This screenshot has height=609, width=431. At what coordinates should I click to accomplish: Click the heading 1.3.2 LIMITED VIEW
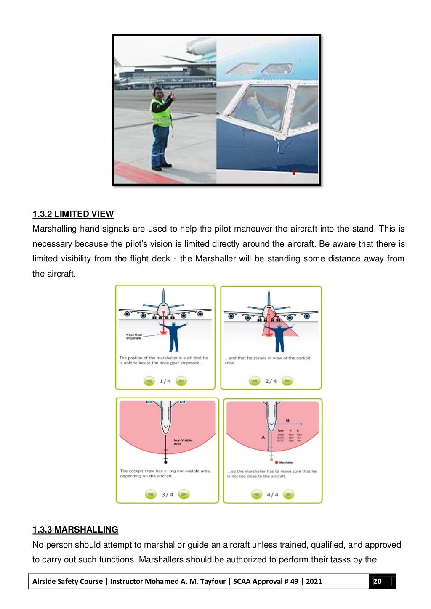(73, 214)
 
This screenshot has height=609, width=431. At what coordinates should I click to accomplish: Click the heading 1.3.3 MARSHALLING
(75, 530)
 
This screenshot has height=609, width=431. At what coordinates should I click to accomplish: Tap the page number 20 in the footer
(378, 581)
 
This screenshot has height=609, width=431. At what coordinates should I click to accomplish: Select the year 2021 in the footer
(314, 581)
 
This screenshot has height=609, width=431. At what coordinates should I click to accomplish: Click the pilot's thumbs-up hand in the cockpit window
(253, 100)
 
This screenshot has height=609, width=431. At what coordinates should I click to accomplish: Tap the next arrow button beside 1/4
(181, 381)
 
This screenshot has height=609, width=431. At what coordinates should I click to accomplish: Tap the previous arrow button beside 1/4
(149, 381)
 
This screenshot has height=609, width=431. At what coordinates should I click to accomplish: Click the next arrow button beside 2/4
(287, 381)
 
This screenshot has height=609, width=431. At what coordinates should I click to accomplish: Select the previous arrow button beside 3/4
(151, 494)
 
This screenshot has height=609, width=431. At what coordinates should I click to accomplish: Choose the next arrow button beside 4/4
(288, 494)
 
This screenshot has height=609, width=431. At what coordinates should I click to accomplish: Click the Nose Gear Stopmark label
(134, 337)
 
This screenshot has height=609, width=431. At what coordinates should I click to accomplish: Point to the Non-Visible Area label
(183, 442)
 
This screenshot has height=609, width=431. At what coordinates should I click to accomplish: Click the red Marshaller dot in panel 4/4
(277, 462)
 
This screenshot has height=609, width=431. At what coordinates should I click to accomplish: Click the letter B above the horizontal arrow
(287, 420)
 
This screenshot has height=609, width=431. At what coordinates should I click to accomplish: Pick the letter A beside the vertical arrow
(263, 438)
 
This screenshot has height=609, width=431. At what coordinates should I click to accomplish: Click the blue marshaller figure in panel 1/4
(173, 336)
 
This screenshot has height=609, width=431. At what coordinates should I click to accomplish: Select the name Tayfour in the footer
(213, 581)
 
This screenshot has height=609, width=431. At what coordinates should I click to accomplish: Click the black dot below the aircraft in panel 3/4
(165, 462)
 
